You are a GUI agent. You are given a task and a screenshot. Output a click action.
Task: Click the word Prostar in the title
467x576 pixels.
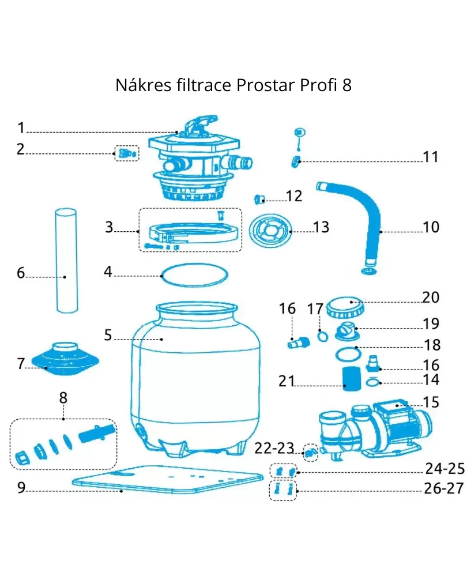coord(266,85)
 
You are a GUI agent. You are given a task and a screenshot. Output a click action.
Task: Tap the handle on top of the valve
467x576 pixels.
coord(200,124)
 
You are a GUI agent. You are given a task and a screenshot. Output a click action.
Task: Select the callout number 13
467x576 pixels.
coord(321,227)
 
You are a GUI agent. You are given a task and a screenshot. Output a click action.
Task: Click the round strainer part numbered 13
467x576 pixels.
coord(271,231)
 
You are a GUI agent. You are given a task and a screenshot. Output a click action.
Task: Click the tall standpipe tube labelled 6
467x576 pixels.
coord(66,261)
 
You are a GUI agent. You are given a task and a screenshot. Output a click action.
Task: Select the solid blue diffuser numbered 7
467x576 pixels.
coord(65,359)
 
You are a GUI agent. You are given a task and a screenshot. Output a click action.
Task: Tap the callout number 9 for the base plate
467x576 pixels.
coord(21,487)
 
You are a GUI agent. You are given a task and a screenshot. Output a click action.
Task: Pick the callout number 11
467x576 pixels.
coord(430,157)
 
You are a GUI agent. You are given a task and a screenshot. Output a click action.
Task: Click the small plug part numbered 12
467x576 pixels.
coord(260,199)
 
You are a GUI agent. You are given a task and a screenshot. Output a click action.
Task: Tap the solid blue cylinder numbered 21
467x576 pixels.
coord(352,378)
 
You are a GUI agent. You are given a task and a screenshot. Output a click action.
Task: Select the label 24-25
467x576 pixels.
coord(445,469)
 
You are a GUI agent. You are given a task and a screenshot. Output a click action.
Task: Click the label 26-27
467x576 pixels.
coord(444,488)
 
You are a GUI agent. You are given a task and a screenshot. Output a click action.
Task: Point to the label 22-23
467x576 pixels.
coord(274,448)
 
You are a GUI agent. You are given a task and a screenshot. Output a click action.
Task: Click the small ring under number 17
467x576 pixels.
coord(323,336)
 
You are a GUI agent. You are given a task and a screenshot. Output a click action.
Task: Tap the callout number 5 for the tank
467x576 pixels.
coord(108,335)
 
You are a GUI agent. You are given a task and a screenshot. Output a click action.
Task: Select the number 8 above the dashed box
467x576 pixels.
coord(63,398)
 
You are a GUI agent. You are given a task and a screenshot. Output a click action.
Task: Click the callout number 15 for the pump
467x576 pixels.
coord(431,402)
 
